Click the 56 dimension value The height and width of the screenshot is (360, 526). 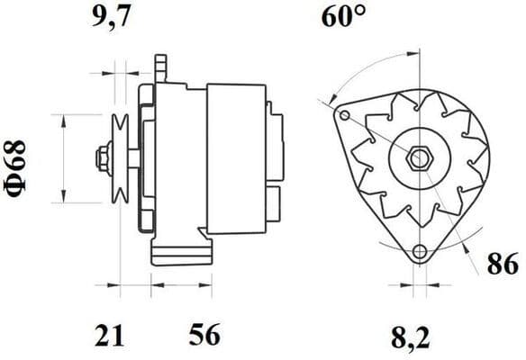point(203,337)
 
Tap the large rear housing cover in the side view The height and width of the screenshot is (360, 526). point(236,158)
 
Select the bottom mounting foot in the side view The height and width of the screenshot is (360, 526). point(181,250)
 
